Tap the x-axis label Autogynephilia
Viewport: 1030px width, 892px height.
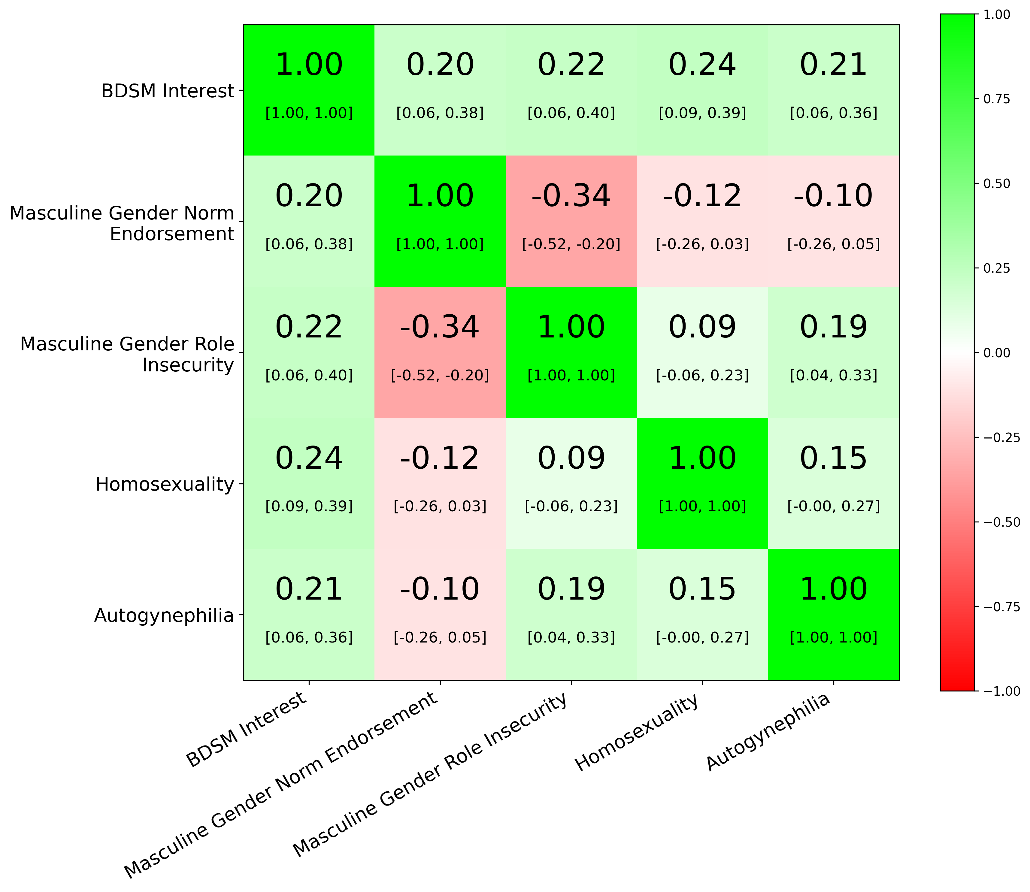[768, 732]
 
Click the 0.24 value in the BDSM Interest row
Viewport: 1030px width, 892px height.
[702, 65]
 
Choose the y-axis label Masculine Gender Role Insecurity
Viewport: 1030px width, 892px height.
[127, 354]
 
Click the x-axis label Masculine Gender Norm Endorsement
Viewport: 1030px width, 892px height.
[281, 787]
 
